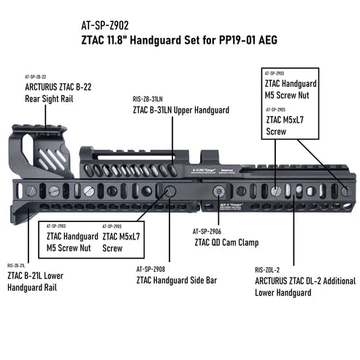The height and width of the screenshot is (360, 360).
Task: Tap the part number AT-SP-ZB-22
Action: (35, 77)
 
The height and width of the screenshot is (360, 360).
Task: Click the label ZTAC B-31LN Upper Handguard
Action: (181, 110)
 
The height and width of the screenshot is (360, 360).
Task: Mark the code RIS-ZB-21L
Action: (18, 265)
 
